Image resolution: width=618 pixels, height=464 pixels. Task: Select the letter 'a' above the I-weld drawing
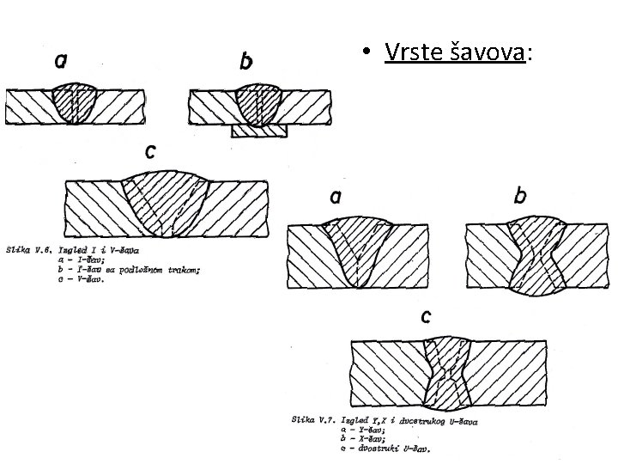click(x=63, y=61)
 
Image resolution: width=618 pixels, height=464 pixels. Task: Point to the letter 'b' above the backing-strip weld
click(x=246, y=62)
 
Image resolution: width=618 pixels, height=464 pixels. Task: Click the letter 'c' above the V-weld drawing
click(x=151, y=151)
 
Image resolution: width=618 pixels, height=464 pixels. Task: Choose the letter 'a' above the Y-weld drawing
click(x=335, y=197)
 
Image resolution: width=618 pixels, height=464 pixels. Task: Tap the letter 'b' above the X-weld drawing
click(x=520, y=197)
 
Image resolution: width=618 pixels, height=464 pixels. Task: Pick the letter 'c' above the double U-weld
click(x=425, y=316)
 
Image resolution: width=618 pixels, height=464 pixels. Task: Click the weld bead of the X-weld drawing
click(x=532, y=253)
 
